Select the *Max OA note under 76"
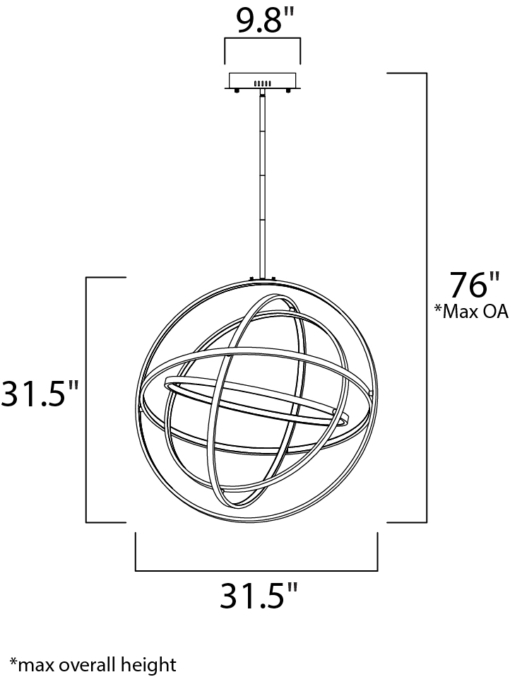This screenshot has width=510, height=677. click(x=471, y=312)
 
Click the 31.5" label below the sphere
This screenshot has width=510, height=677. click(x=259, y=596)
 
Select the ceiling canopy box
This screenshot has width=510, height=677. click(x=262, y=81)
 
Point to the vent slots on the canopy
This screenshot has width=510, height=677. click(x=262, y=83)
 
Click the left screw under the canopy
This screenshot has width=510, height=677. click(x=237, y=91)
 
